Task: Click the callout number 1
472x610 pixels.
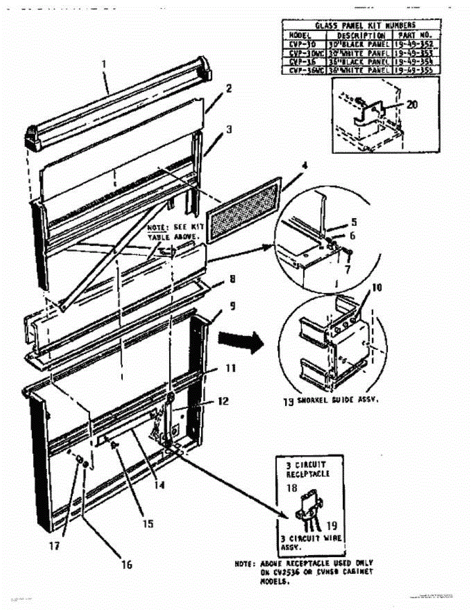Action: tap(105, 65)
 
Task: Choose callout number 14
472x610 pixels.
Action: tap(159, 485)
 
